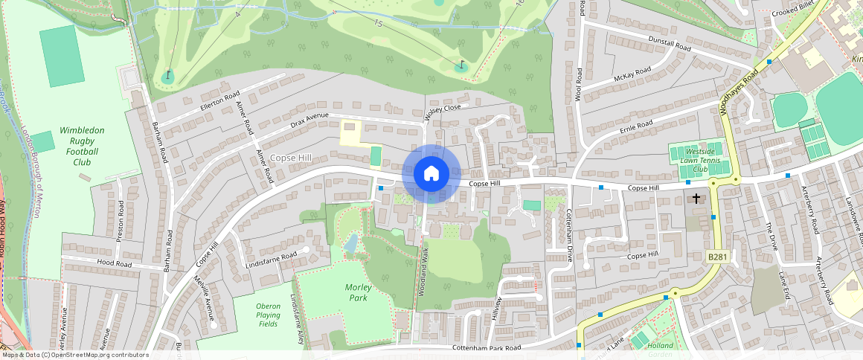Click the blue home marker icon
[x=431, y=174]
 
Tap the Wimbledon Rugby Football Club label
[x=82, y=145]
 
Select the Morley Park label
[x=358, y=292]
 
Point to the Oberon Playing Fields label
[x=268, y=315]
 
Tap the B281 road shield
[x=716, y=257]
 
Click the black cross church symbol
[x=696, y=199]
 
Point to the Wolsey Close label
[x=443, y=111]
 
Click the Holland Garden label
[x=660, y=349]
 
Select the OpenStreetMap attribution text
[x=75, y=355]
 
